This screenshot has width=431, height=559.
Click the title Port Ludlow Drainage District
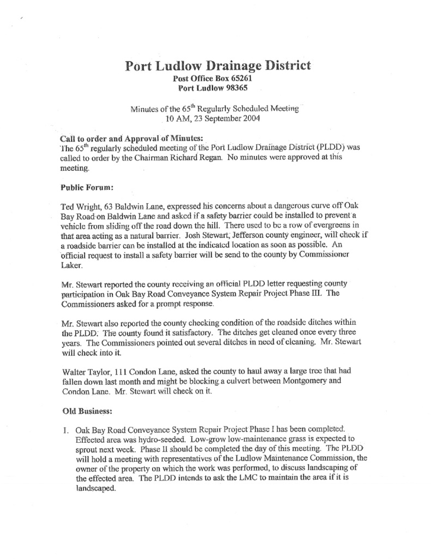pos(218,66)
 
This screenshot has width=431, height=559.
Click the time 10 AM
pos(178,117)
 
